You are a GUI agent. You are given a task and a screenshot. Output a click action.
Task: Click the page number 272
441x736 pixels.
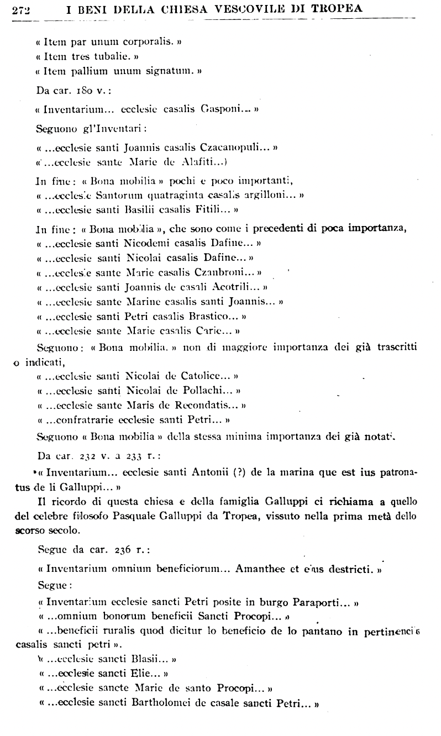click(21, 9)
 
